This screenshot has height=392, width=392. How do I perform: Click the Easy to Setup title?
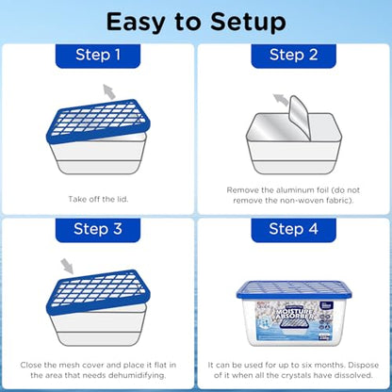click(196, 21)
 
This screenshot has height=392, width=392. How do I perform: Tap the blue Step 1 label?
click(98, 56)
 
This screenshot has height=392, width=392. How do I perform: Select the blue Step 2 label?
click(293, 56)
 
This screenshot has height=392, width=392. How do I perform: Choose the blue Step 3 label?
click(98, 229)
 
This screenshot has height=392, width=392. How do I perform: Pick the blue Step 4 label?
click(293, 229)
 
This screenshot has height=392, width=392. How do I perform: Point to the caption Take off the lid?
click(97, 199)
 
